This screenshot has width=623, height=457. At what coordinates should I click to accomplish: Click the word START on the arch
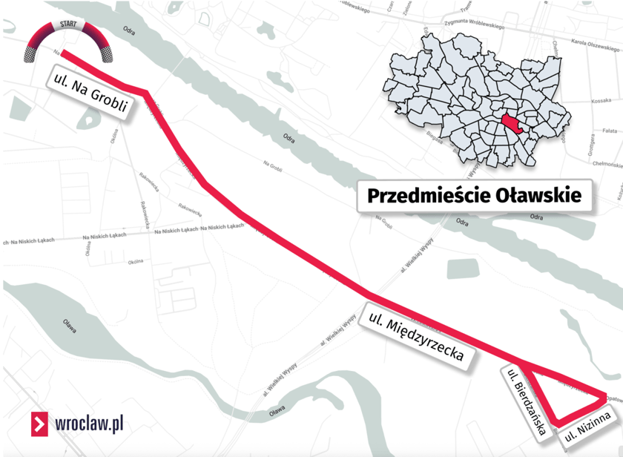point(68,24)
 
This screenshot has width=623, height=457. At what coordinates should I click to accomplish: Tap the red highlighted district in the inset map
point(512,124)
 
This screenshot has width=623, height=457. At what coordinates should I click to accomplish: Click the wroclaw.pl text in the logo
point(89,424)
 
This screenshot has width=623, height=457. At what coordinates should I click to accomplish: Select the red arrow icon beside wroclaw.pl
point(39,424)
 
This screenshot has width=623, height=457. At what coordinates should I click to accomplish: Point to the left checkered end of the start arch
point(30,53)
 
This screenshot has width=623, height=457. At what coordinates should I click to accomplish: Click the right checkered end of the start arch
point(108,53)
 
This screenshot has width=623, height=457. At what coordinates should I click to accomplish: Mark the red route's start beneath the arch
point(63,53)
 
